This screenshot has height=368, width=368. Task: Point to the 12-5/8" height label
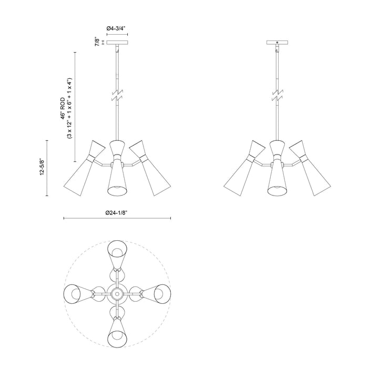42,168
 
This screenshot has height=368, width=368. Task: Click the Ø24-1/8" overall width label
117,212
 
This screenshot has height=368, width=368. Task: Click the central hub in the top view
117,292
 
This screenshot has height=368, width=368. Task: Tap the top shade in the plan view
117,252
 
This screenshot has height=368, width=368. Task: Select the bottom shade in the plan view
117,331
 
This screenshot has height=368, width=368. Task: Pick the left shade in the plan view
76,292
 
